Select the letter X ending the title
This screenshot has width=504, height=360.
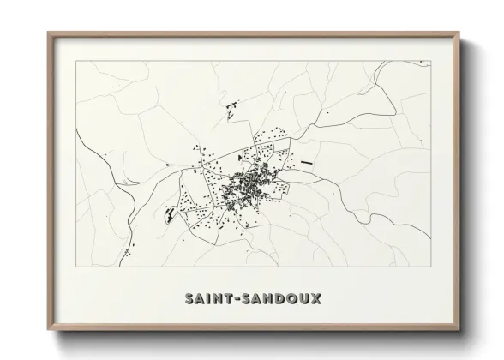[317, 298]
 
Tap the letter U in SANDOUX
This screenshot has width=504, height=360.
[305, 298]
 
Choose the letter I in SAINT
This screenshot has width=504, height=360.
[213, 298]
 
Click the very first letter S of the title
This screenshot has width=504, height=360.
[189, 298]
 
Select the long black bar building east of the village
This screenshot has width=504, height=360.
[307, 161]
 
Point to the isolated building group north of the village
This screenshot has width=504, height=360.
[231, 109]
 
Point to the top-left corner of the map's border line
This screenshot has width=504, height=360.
[76, 61]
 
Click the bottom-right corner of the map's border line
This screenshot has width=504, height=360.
[430, 268]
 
